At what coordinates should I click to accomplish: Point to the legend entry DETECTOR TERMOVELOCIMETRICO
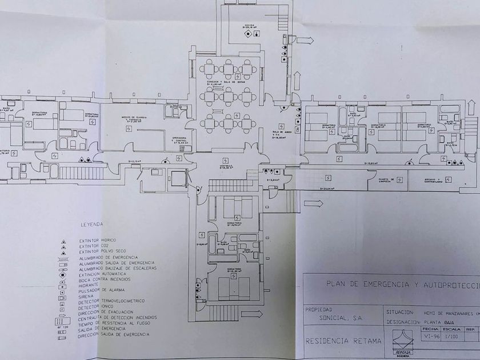pos(112,301)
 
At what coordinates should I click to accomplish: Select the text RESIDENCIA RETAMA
pos(335,342)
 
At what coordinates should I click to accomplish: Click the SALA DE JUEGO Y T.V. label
pos(279,133)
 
